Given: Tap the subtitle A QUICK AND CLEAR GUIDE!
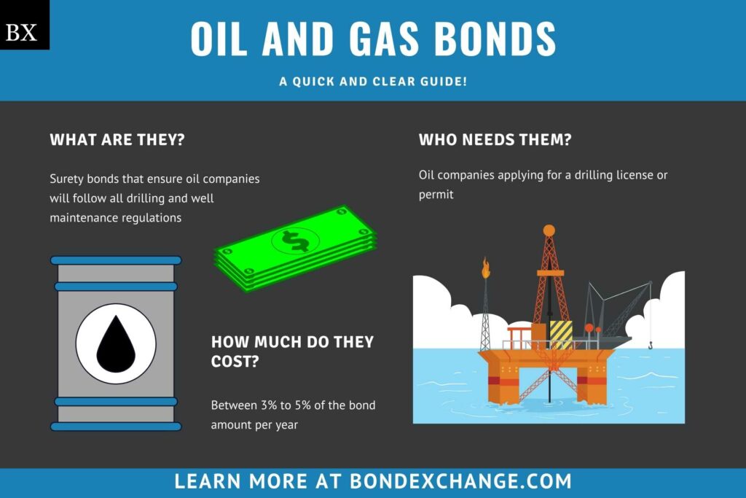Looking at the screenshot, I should point(373,82).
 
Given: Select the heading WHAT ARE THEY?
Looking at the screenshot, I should point(117,140).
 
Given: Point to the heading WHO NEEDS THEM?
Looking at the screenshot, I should point(495,140).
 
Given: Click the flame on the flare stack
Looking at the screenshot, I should point(485,269).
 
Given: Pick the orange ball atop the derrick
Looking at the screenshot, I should point(549,230).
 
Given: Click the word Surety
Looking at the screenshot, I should point(67,179).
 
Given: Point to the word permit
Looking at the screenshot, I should point(436,195).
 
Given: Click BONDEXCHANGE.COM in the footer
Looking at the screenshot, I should point(460,481).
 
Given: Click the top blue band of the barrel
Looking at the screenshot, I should point(116,260).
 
